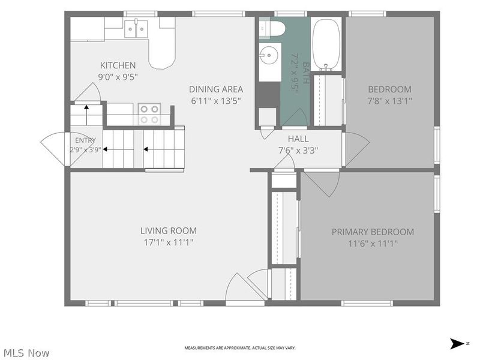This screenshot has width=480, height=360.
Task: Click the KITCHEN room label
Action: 118,65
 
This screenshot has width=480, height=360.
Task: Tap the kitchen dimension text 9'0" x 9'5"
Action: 118,77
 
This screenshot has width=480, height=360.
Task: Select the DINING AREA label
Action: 216,89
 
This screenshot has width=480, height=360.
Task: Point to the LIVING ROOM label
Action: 169,230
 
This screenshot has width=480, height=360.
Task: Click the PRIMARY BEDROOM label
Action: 373,232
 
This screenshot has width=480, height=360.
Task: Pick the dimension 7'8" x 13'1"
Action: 389,101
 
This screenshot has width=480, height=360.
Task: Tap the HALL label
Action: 298,139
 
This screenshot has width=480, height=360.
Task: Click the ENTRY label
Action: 85,140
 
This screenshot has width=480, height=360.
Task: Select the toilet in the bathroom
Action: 272,28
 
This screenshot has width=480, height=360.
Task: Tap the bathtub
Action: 326,44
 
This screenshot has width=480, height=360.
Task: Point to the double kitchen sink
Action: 136,29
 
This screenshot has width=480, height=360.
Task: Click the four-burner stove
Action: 149,114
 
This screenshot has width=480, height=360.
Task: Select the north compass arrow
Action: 457,343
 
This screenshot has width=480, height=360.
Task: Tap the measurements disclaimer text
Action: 240,348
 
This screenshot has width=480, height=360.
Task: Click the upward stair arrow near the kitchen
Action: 86,115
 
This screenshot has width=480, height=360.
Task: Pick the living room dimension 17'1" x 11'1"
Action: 169,242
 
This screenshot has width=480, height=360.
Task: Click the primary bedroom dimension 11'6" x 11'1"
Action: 373,244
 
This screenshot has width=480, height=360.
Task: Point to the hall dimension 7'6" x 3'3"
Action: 298,151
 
